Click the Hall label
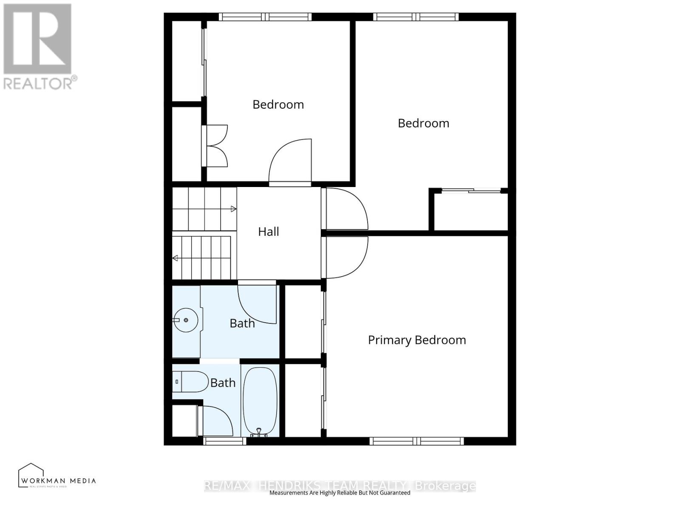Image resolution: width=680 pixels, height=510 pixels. click(269, 232)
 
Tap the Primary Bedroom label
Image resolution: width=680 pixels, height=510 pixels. click(417, 340)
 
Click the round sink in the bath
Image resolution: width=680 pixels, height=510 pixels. click(186, 320)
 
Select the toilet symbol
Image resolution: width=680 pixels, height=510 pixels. click(190, 382)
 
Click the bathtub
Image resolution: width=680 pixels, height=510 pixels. click(260, 399)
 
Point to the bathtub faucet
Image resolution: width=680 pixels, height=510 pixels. click(259, 432)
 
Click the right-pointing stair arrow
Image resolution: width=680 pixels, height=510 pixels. click(233, 209)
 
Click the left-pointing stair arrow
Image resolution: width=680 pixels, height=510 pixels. click(175, 258)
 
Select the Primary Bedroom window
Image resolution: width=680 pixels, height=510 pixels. click(416, 441)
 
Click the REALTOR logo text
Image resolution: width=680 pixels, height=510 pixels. click(40, 83)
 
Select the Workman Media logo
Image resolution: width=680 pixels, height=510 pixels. click(57, 476)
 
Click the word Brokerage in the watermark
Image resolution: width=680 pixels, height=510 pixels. click(445, 486)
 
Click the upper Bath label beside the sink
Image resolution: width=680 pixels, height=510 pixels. click(242, 323)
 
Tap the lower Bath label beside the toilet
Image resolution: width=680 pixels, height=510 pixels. click(223, 383)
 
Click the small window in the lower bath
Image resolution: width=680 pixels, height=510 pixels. click(224, 441)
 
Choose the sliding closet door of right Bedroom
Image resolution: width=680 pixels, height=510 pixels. click(471, 191)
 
